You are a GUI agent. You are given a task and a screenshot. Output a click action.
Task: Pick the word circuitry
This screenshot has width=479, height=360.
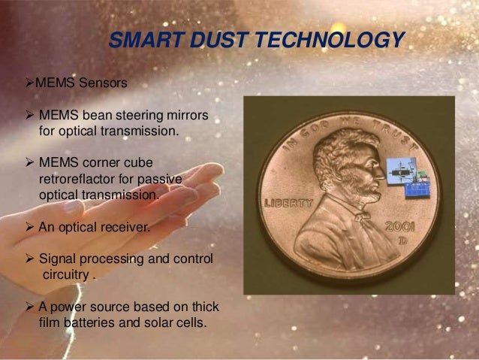coord(63,275)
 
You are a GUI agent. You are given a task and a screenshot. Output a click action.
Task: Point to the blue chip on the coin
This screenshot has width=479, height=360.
coord(411,187)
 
